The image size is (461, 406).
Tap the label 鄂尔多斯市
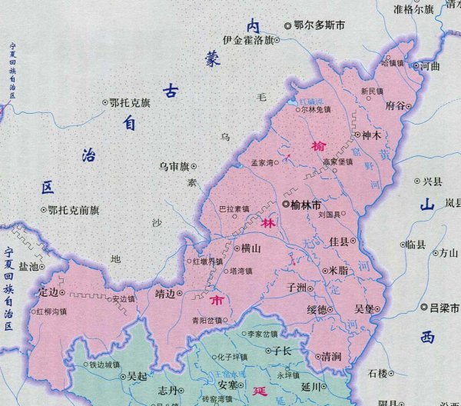tap(320, 25)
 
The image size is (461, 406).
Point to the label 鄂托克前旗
tap(74, 209)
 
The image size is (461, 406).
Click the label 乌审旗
tap(174, 165)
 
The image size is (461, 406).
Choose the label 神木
tap(373, 134)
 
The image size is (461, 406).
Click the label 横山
tap(250, 248)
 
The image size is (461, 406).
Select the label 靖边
tap(165, 292)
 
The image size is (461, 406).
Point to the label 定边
tap(48, 291)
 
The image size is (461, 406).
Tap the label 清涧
tap(331, 357)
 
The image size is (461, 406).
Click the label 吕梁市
tap(444, 308)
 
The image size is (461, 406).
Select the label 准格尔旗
tap(413, 9)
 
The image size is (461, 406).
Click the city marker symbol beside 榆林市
tap(286, 205)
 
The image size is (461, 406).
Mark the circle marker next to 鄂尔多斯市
tap(288, 25)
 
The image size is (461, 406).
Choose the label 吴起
tap(137, 377)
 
